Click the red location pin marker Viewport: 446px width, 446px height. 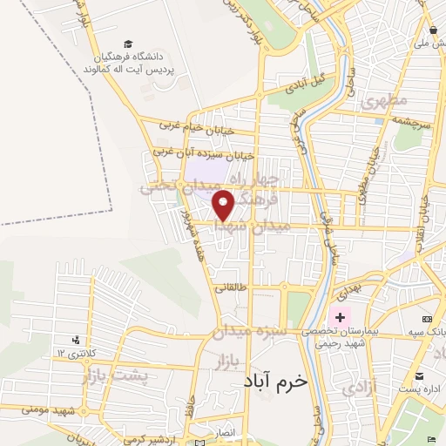(224, 206)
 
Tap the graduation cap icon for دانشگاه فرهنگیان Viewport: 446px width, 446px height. (129, 44)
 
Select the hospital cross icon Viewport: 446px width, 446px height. (340, 317)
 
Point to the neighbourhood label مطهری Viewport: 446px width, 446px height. (388, 100)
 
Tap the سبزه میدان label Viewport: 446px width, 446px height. (260, 331)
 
